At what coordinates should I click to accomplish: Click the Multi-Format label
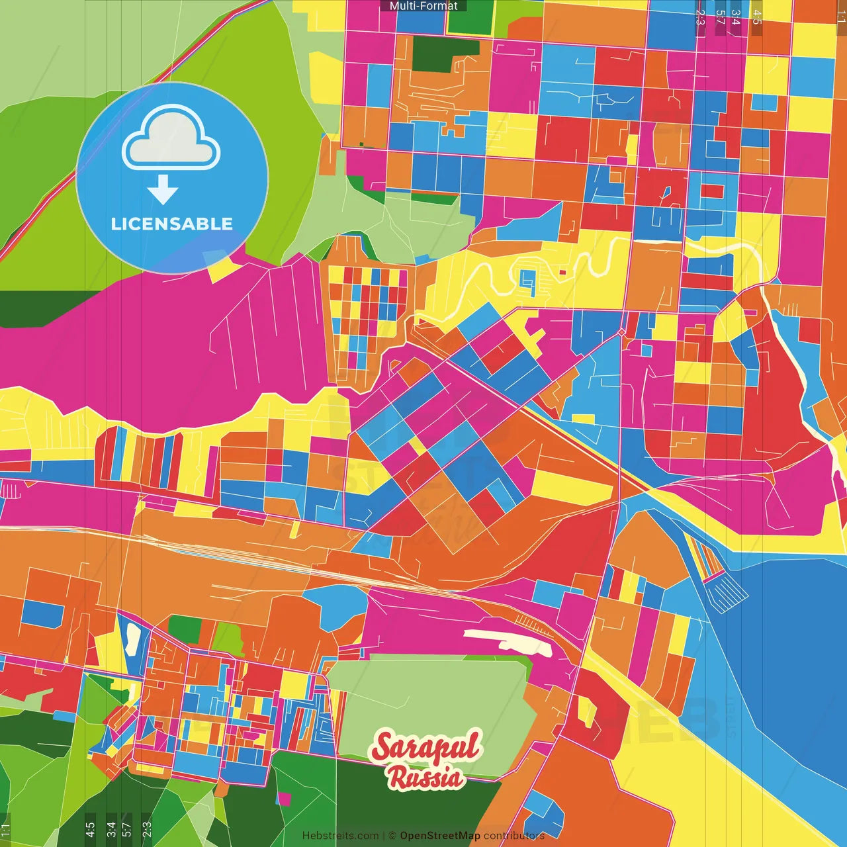[x=423, y=6]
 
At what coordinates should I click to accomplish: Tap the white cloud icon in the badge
[x=171, y=139]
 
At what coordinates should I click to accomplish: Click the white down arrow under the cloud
[x=163, y=189]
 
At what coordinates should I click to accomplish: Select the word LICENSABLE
[x=172, y=224]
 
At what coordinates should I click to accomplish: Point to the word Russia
[x=426, y=778]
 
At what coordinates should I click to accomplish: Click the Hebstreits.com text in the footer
[x=340, y=836]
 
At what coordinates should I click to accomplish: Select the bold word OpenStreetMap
[x=440, y=836]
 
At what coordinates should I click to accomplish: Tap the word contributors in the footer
[x=514, y=836]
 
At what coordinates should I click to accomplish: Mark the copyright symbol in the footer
[x=392, y=836]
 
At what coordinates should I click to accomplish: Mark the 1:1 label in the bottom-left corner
[x=6, y=830]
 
